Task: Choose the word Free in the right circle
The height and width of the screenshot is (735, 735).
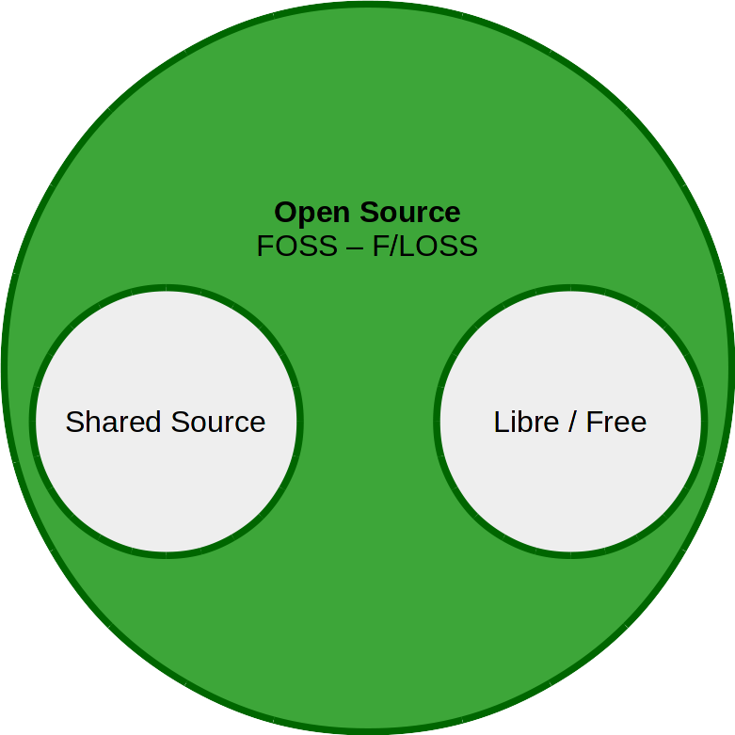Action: click(x=615, y=422)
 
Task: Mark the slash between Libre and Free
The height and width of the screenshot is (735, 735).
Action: click(x=572, y=422)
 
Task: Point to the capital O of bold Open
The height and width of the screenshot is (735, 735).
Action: click(x=285, y=213)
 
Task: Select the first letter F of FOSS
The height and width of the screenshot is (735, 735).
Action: click(x=264, y=247)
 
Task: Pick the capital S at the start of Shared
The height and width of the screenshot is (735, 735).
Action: click(x=74, y=422)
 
